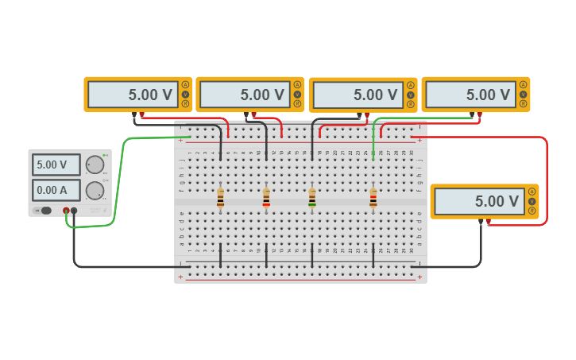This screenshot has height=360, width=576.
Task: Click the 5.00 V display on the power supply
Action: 56,165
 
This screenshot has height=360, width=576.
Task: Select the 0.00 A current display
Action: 56,190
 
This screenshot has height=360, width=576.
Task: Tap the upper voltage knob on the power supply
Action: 95,165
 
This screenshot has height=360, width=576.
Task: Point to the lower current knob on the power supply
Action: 95,190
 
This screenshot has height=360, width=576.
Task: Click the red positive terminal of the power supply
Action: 66,211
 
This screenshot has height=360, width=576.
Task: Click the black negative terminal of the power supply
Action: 74,211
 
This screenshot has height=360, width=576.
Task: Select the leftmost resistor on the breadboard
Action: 220,197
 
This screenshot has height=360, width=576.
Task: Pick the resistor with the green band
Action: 312,197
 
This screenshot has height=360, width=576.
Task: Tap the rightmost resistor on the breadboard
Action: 373,197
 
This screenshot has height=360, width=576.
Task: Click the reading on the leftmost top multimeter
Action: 133,95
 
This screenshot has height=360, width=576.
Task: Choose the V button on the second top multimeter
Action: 298,94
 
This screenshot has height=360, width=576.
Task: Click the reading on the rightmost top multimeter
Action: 470,95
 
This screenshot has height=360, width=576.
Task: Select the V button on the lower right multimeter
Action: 532,201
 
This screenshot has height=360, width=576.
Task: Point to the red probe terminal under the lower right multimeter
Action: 488,222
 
